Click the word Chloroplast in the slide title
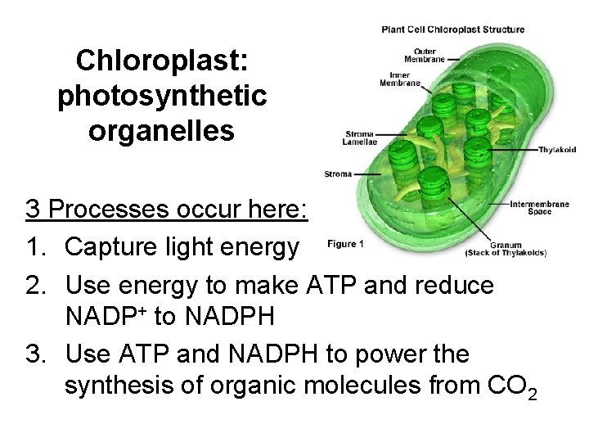point(162,61)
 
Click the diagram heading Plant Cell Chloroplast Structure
point(453,30)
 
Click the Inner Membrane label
point(401,79)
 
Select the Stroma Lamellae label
point(359,138)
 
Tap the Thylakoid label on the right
point(556,151)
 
